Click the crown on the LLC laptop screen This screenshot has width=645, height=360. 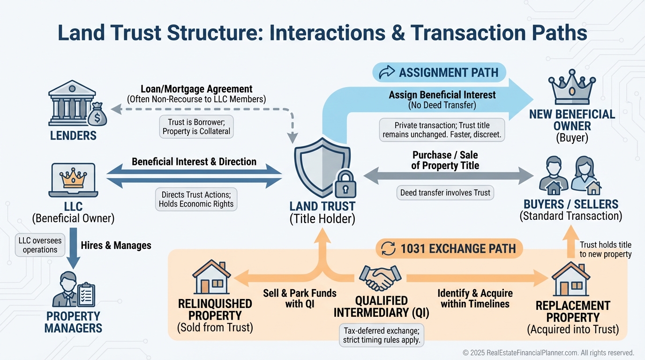73,179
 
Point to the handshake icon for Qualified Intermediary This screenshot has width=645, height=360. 381,278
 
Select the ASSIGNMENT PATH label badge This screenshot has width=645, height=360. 439,73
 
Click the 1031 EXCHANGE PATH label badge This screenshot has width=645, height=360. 449,249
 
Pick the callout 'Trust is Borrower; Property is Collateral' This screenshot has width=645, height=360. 196,127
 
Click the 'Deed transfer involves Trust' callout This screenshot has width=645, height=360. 445,193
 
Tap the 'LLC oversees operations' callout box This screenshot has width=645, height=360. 40,245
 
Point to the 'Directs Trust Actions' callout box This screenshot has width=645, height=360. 197,199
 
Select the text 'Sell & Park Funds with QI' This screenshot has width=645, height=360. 300,299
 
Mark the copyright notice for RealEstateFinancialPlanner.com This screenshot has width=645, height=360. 548,352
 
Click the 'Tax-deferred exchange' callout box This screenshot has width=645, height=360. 381,335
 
